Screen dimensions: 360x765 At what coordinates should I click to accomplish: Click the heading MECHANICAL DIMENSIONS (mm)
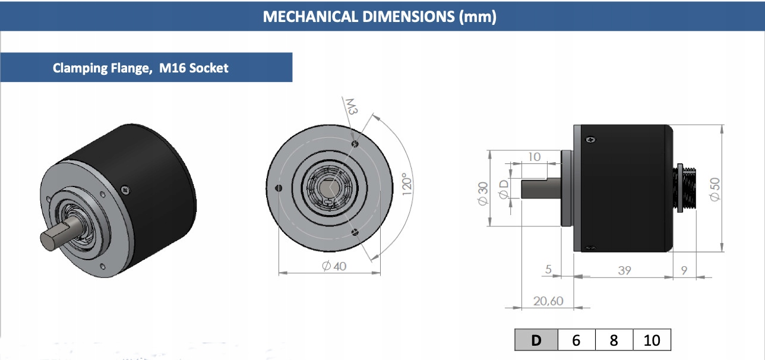coord(380,16)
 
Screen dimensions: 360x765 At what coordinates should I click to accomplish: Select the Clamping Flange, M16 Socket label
coord(141,68)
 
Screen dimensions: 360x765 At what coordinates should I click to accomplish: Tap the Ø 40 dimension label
coord(334,266)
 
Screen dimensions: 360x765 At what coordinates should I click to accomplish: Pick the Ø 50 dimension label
coord(715,189)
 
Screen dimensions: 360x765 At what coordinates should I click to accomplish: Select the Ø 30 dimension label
coord(482,193)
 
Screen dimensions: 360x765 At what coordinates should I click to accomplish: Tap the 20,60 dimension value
coord(548,301)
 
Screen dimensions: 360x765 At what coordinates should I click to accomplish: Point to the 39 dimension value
coord(624,270)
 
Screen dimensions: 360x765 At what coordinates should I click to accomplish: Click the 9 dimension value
coord(684,270)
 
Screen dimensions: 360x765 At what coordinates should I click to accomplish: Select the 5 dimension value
coord(548,270)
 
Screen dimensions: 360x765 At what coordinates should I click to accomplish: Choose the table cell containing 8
coord(614,340)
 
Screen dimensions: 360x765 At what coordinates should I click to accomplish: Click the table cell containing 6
coord(576,340)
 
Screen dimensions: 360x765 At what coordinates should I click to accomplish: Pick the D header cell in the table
coord(536,340)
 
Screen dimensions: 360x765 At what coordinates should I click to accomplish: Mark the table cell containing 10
coord(652,340)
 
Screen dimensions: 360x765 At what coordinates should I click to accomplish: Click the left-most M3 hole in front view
coord(279,188)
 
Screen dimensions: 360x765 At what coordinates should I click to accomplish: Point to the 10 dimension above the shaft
coord(534,157)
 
